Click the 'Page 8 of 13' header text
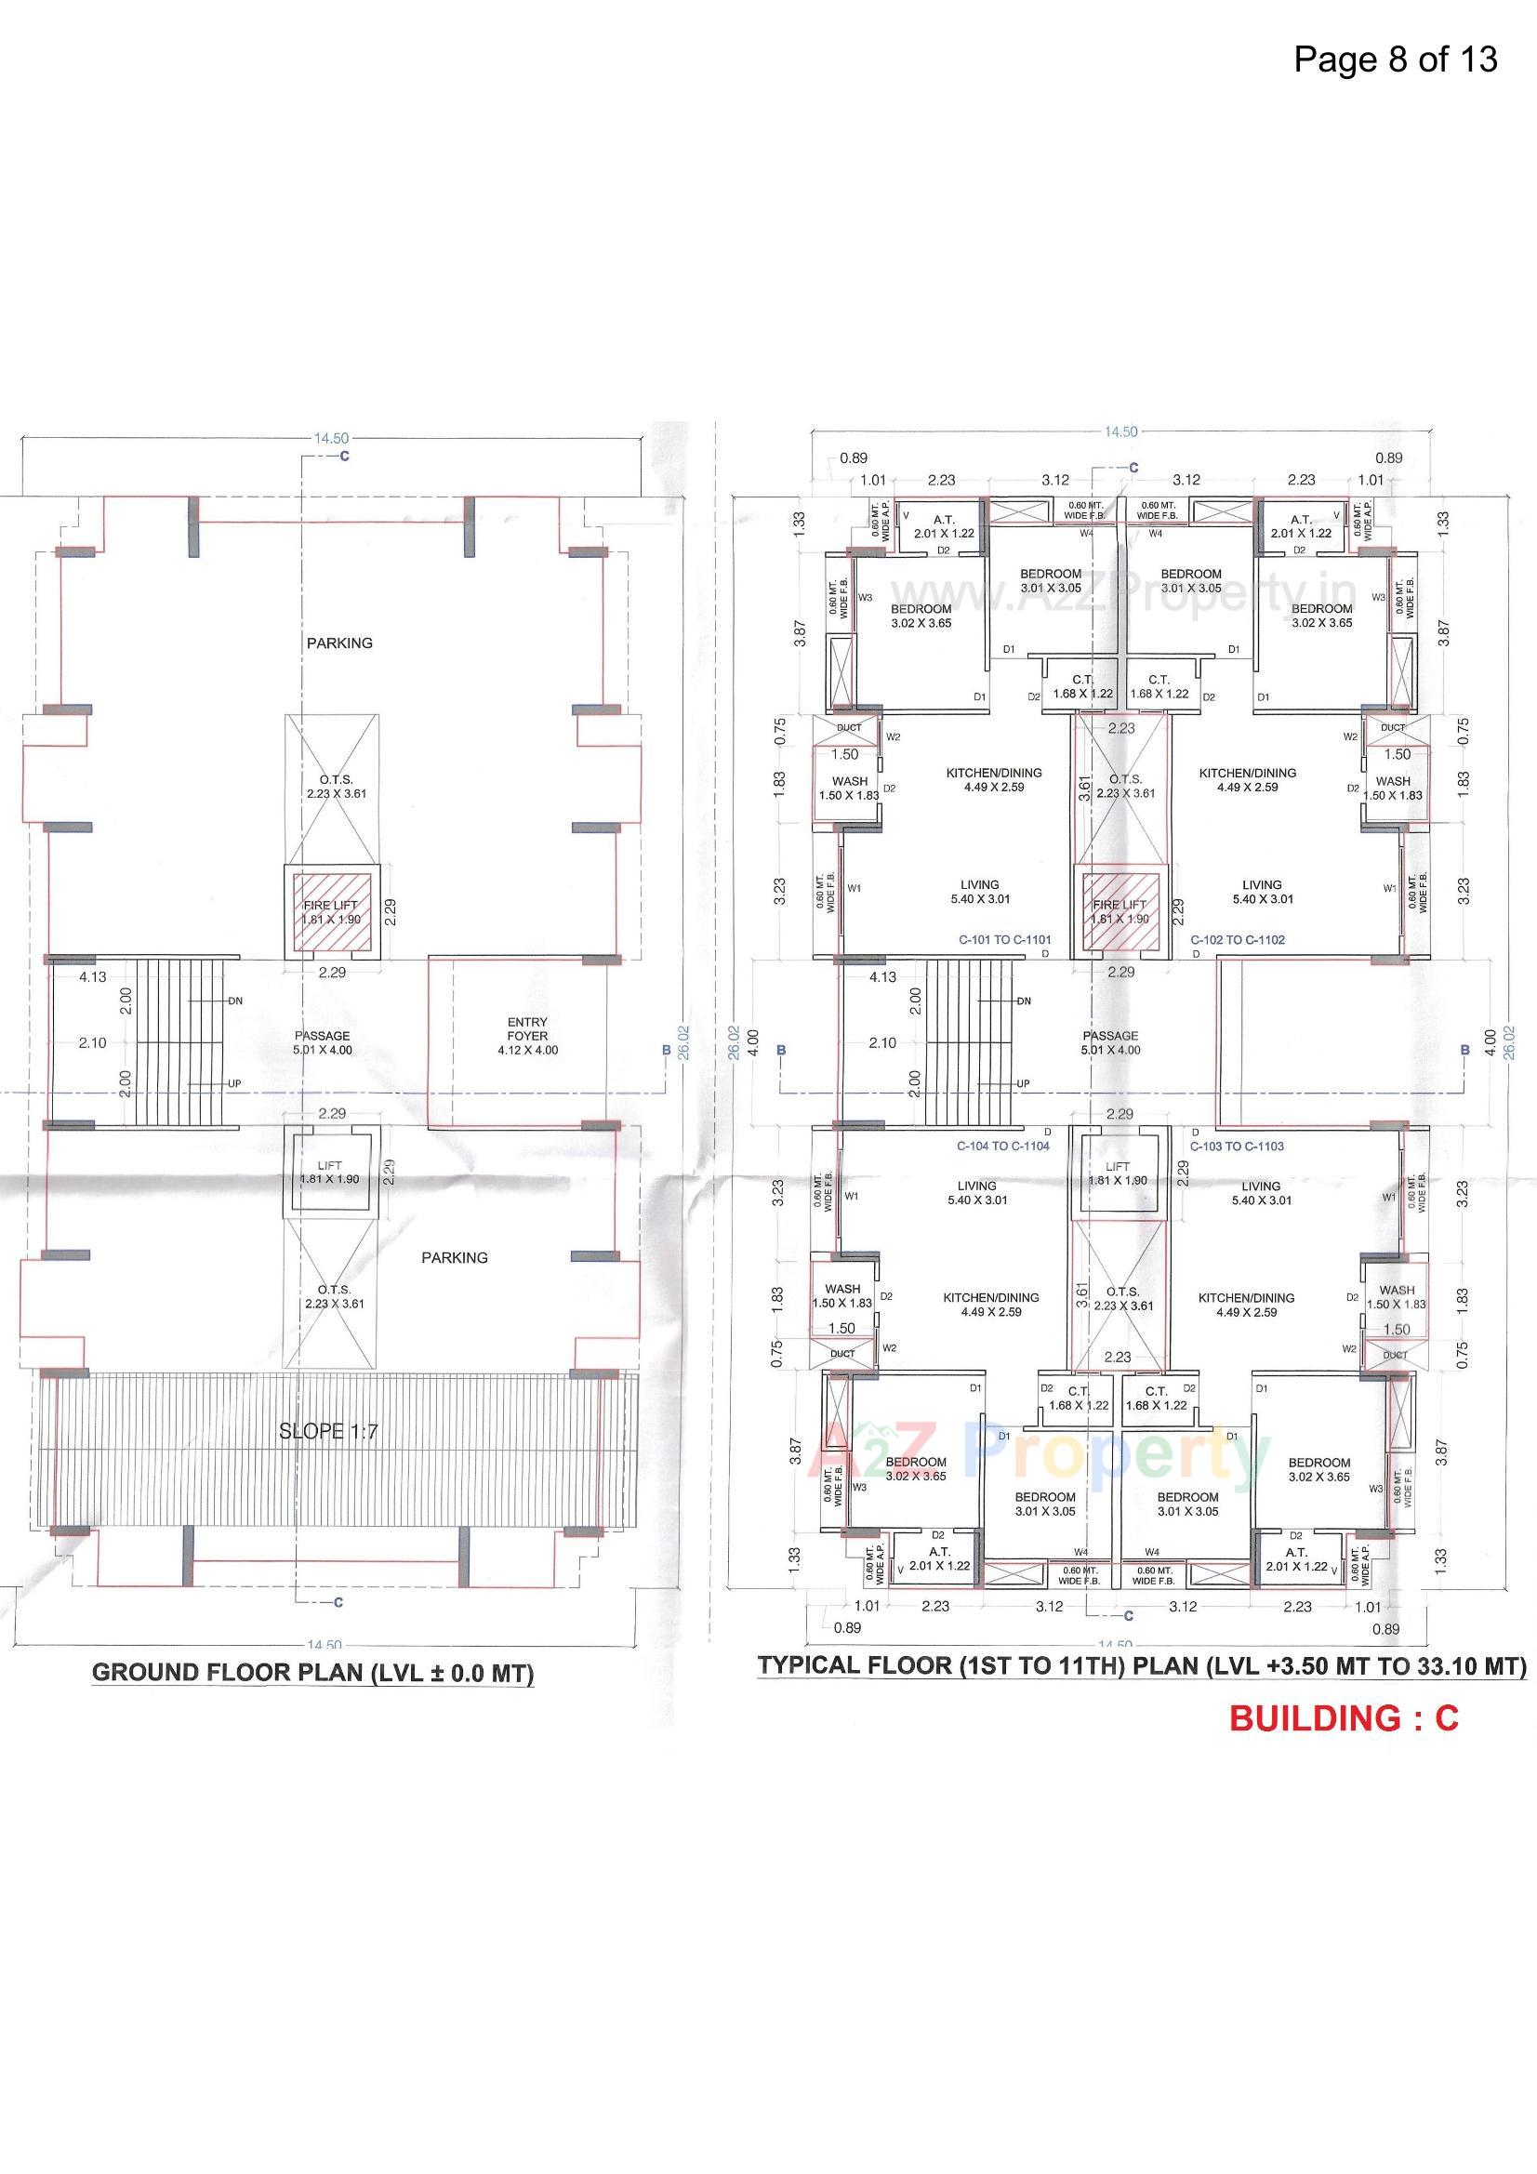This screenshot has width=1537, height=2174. (1395, 60)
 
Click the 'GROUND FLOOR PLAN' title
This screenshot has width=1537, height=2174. (312, 1672)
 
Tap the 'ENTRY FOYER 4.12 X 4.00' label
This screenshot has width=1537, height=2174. (526, 1036)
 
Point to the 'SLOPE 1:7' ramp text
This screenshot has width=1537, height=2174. (327, 1432)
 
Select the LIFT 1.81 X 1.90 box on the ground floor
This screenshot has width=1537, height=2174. (329, 1173)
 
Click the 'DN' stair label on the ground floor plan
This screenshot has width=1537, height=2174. (235, 1001)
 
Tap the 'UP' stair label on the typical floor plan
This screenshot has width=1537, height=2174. (1023, 1083)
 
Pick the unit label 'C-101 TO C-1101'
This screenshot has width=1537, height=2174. (1004, 940)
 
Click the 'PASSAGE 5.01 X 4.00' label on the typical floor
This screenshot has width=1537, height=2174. (1110, 1042)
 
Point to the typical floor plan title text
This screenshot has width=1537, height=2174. (1141, 1665)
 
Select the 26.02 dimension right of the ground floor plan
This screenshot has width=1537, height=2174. (683, 1041)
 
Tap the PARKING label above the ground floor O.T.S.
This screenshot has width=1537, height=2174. (339, 643)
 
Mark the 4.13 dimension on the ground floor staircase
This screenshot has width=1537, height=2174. (92, 977)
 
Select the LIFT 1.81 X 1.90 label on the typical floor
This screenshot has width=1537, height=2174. (1118, 1174)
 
